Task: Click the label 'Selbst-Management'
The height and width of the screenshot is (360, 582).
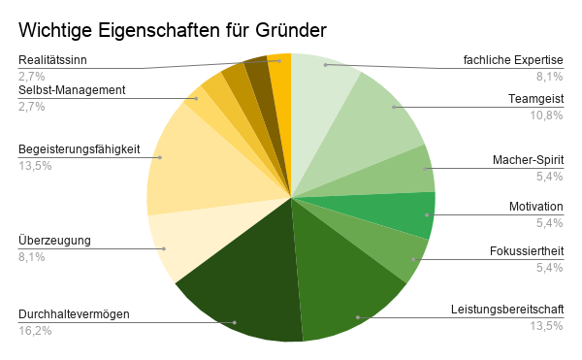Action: point(72,91)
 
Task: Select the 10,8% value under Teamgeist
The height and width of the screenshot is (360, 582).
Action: point(548,115)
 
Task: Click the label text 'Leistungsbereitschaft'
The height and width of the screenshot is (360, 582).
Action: point(507,310)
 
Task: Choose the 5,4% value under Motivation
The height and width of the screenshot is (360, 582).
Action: point(550,223)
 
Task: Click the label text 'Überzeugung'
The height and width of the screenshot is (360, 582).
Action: point(54,241)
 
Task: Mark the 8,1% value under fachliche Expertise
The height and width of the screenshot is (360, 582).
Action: point(550,77)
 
